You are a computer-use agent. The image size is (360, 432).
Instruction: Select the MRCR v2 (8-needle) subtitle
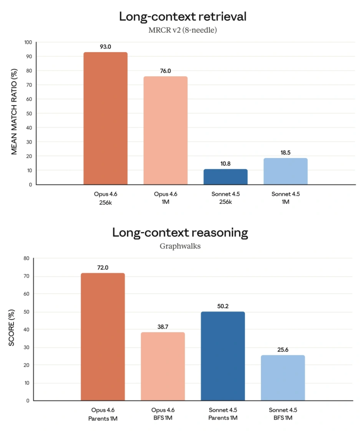click(x=183, y=30)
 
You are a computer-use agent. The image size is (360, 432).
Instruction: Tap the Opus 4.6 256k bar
click(x=105, y=118)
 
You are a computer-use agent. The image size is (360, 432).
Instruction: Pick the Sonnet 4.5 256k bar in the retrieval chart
click(x=226, y=177)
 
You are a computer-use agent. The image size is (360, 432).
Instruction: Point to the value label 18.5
click(x=285, y=153)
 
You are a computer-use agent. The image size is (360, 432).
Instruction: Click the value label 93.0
click(x=105, y=47)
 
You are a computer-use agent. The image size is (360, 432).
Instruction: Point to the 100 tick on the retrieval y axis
click(x=28, y=42)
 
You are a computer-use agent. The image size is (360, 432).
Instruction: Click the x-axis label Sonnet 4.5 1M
click(x=285, y=198)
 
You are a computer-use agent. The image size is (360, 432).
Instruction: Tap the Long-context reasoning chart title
click(x=180, y=233)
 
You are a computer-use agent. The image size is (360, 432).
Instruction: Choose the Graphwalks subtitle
click(x=180, y=246)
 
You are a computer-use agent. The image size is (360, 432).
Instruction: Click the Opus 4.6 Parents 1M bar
click(x=103, y=337)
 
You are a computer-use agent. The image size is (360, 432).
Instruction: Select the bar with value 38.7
click(x=163, y=366)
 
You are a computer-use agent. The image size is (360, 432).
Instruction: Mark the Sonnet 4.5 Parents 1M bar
click(x=223, y=356)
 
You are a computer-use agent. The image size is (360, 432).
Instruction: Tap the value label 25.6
click(x=283, y=350)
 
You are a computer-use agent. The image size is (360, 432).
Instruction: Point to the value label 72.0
click(x=103, y=267)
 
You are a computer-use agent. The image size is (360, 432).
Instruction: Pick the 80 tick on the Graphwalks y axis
click(x=27, y=258)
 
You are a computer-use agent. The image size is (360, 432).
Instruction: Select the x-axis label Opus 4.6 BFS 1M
click(x=163, y=414)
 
